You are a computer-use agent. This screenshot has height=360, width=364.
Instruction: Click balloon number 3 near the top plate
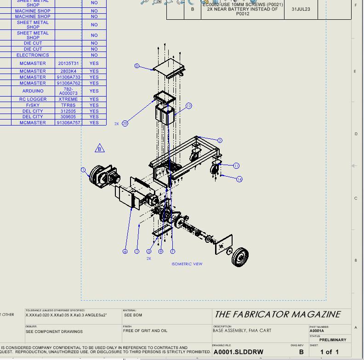[x=136, y=66]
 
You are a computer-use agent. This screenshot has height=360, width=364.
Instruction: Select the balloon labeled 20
[x=125, y=123]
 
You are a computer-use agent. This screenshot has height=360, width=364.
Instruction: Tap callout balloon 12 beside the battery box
[x=188, y=106]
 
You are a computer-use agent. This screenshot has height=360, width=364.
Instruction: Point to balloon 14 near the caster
[x=239, y=179]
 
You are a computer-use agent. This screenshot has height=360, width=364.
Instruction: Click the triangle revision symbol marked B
[x=100, y=149]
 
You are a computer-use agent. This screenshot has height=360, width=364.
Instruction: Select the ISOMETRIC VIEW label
[x=187, y=264]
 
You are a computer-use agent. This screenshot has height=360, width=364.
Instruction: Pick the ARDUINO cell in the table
[x=33, y=91]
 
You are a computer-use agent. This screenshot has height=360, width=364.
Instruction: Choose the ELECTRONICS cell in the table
[x=33, y=55]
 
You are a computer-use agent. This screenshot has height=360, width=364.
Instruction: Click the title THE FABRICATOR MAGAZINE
[x=278, y=314]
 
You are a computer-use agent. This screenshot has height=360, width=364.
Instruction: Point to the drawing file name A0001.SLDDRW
[x=239, y=352]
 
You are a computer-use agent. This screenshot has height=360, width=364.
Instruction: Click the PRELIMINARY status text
[x=333, y=340]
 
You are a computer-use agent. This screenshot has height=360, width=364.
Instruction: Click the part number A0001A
[x=317, y=331]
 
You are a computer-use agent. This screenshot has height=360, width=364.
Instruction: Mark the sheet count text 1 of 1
[x=329, y=352]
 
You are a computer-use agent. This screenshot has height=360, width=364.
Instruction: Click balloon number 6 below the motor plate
[x=125, y=251]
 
